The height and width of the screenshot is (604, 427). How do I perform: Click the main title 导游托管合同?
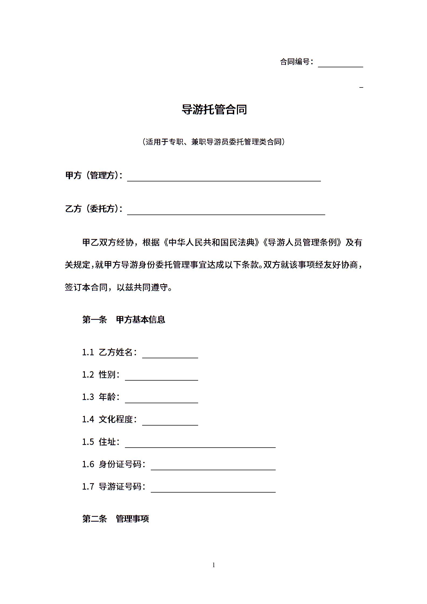(x=214, y=110)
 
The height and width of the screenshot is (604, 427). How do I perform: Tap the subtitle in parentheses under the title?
(x=214, y=142)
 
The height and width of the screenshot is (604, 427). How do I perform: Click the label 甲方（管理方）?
(x=94, y=175)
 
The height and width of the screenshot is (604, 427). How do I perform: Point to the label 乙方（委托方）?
(x=94, y=209)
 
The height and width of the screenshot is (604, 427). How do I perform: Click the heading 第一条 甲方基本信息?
(x=124, y=319)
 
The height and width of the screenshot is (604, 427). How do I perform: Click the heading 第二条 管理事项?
(x=115, y=519)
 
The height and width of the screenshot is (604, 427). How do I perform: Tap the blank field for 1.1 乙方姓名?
(x=170, y=354)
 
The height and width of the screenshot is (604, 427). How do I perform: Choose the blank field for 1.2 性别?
(x=161, y=377)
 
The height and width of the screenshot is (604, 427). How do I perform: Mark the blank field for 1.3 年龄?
(x=161, y=399)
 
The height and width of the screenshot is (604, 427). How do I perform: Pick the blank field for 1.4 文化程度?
(x=170, y=422)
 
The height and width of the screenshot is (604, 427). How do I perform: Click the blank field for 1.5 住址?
(x=200, y=444)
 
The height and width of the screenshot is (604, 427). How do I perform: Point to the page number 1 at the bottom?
(x=214, y=565)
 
